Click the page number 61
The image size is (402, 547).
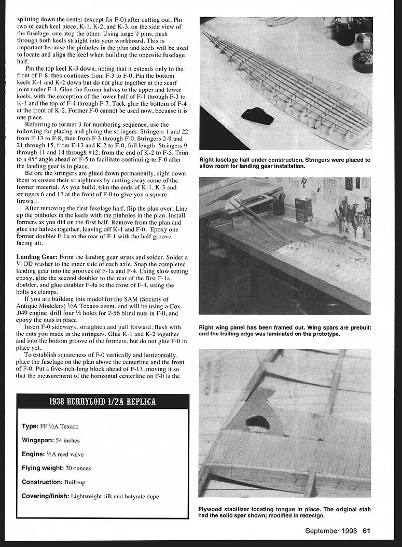point(366,530)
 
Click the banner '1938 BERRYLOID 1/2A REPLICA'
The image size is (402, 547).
point(103,402)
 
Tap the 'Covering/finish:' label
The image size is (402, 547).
point(45,496)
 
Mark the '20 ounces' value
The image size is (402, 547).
point(78,468)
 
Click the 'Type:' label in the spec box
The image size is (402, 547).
point(30,426)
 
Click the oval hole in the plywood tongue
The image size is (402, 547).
point(258,423)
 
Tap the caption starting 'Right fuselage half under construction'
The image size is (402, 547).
point(285,163)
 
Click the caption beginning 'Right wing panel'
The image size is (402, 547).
point(285,331)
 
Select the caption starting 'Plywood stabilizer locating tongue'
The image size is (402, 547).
point(285,512)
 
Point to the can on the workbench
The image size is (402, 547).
point(303,209)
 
